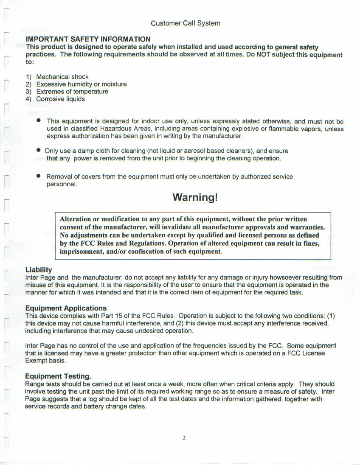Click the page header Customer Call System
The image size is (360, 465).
coord(186,23)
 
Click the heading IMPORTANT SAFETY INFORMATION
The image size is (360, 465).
coord(88,39)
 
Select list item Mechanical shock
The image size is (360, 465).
coord(62,77)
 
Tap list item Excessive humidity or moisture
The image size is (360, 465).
coord(81,84)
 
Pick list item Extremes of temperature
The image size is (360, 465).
coord(72,91)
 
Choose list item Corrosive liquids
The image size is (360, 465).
coord(60,99)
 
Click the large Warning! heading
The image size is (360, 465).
coord(195,197)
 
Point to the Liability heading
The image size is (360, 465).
coord(39,269)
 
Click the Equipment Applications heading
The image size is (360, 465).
coord(66,308)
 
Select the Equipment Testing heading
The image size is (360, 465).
coord(58,376)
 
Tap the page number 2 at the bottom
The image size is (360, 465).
coord(184,438)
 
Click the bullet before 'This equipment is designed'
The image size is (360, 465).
coord(39,120)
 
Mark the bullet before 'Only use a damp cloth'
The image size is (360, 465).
coord(39,150)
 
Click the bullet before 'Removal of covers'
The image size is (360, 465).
coord(39,175)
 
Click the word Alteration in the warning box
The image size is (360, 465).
coord(76,219)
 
